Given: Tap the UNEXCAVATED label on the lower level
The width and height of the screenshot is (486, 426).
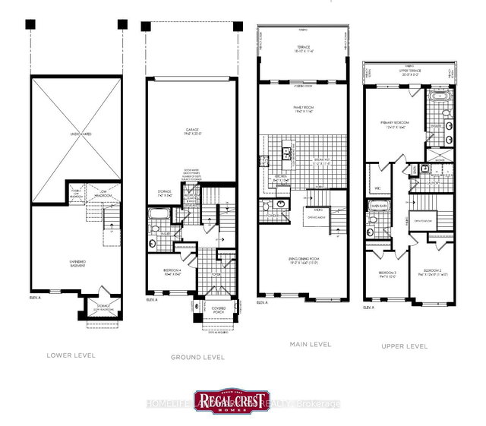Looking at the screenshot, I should [x=77, y=134].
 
